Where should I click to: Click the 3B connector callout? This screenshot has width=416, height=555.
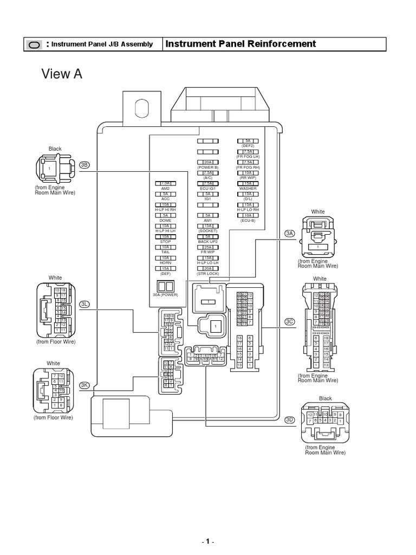coord(84,165)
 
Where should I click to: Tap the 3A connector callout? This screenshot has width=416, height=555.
coord(289,233)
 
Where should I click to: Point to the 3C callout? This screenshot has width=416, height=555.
coord(289,321)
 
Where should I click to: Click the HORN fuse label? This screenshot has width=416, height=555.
coord(166,262)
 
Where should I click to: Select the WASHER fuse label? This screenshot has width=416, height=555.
coord(248,189)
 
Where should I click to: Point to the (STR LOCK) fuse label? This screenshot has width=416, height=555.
coord(207,273)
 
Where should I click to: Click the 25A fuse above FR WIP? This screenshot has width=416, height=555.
coord(207,247)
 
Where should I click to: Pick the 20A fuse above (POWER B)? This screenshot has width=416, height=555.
coord(207,162)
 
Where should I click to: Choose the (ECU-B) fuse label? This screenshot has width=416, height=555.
coord(248,221)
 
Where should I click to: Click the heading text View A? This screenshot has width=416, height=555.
coord(62,74)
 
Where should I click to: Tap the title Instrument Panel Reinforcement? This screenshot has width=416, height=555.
coord(240,44)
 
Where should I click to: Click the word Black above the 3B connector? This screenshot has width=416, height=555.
coord(55,149)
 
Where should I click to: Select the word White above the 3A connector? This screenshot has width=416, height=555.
coord(317,211)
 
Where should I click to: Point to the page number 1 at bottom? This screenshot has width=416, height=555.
coord(208,541)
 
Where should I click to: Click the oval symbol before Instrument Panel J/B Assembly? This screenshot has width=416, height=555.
coord(34,44)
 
